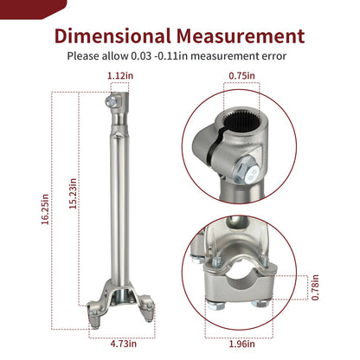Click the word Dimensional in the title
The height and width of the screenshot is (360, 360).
click(x=112, y=36)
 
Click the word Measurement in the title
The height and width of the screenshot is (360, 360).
click(x=241, y=36)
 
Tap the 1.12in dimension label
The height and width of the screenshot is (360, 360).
click(x=120, y=76)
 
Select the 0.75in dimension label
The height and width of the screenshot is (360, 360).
click(x=241, y=76)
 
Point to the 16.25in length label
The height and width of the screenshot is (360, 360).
click(x=45, y=209)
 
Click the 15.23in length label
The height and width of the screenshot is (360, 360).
click(x=73, y=194)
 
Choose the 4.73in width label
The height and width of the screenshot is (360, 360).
click(x=124, y=344)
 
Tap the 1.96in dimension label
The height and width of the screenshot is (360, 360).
click(x=241, y=344)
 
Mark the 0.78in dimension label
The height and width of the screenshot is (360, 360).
click(x=315, y=287)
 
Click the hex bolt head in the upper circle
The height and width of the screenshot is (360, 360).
click(x=247, y=170)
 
